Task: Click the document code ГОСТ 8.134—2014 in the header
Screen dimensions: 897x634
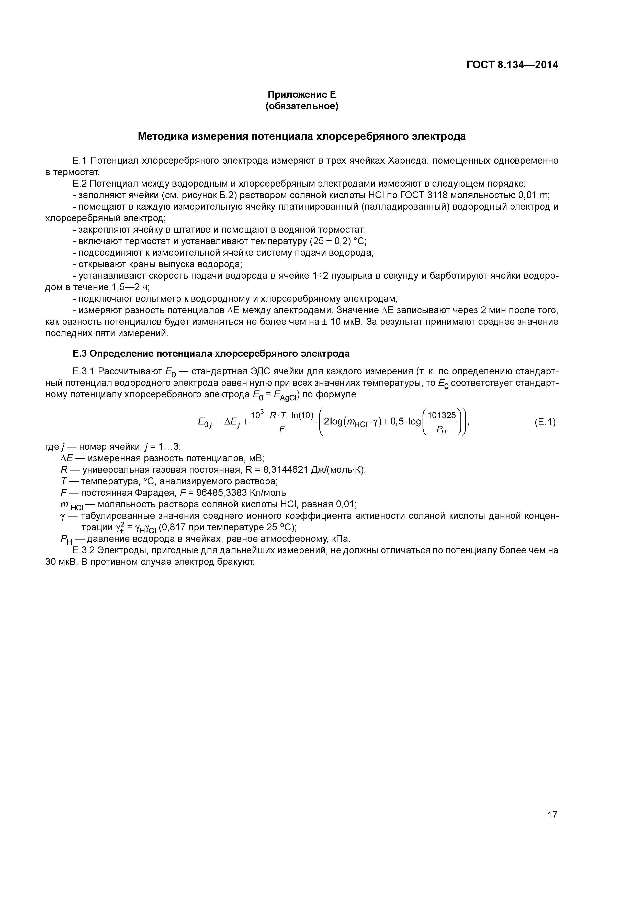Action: pyautogui.click(x=512, y=65)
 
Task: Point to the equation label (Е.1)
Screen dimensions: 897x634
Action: pyautogui.click(x=545, y=422)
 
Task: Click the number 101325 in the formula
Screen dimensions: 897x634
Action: pyautogui.click(x=442, y=416)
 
